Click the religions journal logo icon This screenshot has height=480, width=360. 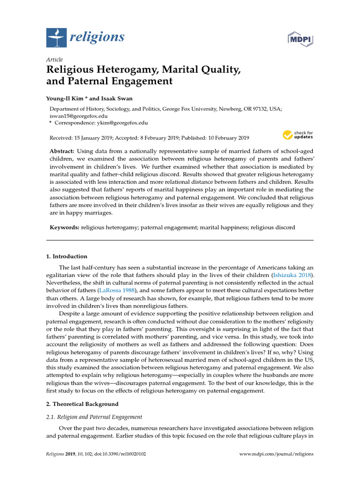57,37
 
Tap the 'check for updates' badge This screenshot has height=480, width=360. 298,135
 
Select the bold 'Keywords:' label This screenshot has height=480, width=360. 65,227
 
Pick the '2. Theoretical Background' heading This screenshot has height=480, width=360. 82,404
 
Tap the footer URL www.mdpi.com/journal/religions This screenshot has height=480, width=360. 277,454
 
